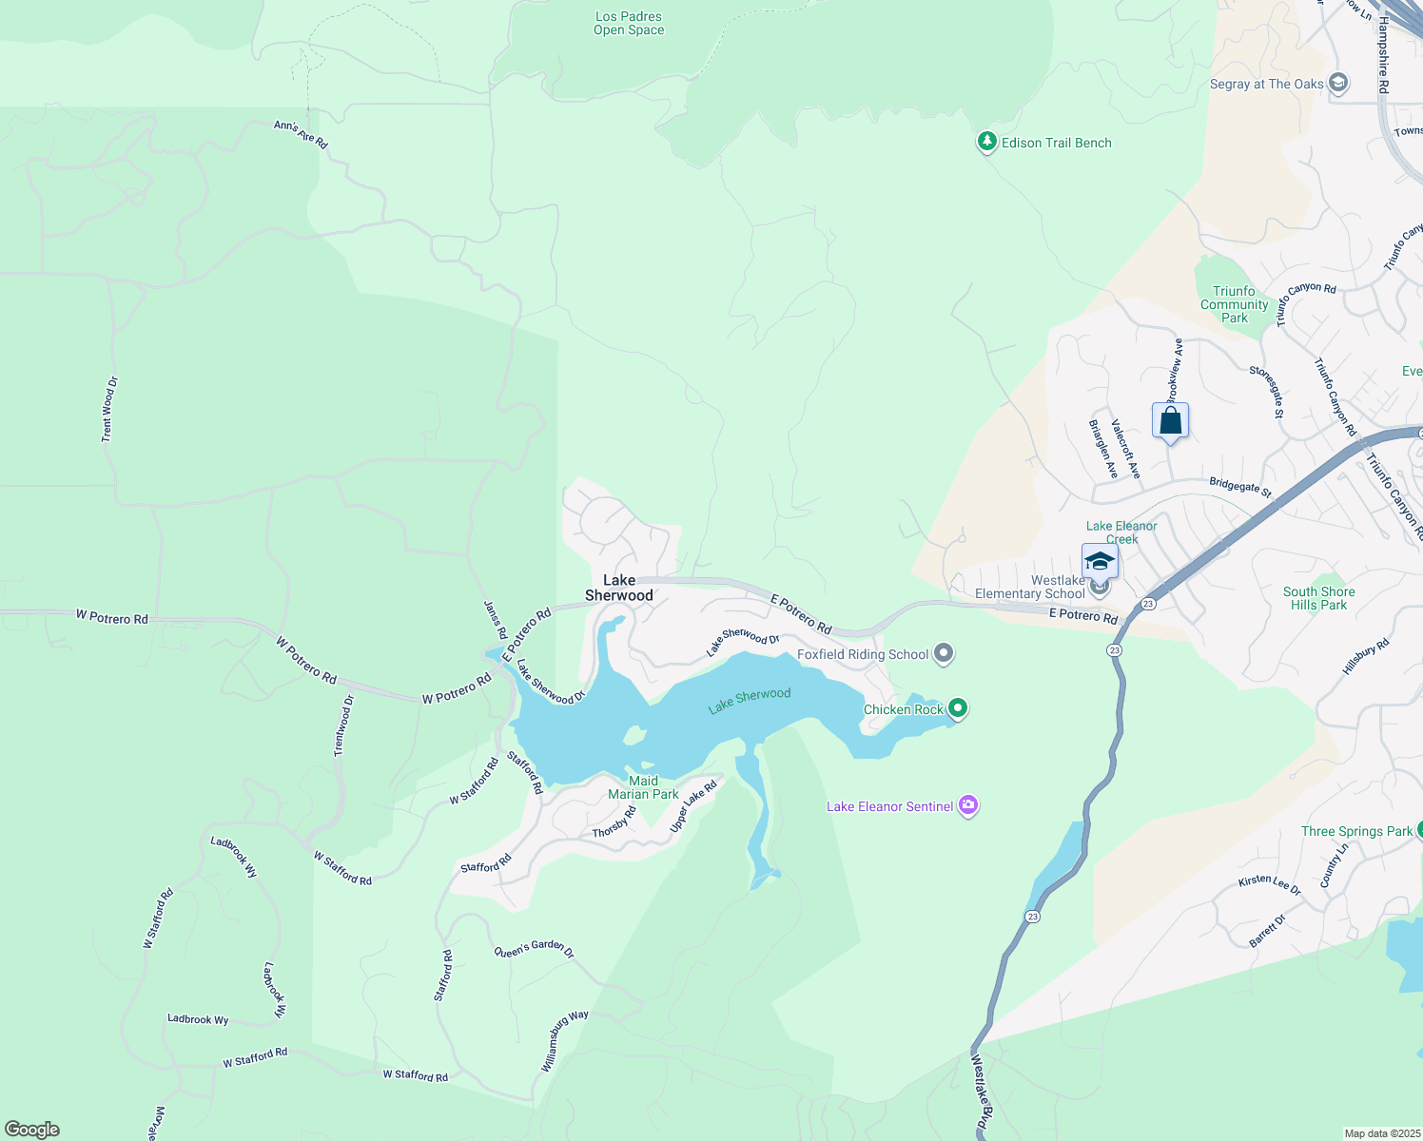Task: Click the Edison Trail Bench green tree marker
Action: point(987,143)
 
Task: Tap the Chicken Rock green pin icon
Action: point(958,708)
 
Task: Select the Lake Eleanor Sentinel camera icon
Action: point(968,806)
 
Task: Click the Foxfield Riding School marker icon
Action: point(944,653)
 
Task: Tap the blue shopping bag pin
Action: point(1170,421)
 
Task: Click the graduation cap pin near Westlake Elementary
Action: point(1100,561)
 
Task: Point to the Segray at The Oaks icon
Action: point(1338,84)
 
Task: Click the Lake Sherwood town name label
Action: point(619,588)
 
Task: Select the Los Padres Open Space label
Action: point(629,24)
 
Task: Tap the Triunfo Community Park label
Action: point(1234,304)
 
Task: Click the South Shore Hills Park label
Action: point(1318,598)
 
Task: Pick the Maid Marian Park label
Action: point(643,787)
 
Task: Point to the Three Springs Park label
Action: point(1356,831)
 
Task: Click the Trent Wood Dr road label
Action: point(109,409)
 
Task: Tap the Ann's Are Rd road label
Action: point(301,134)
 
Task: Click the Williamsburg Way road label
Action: point(564,1041)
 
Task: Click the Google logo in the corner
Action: point(32,1129)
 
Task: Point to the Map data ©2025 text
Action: point(1381,1133)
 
